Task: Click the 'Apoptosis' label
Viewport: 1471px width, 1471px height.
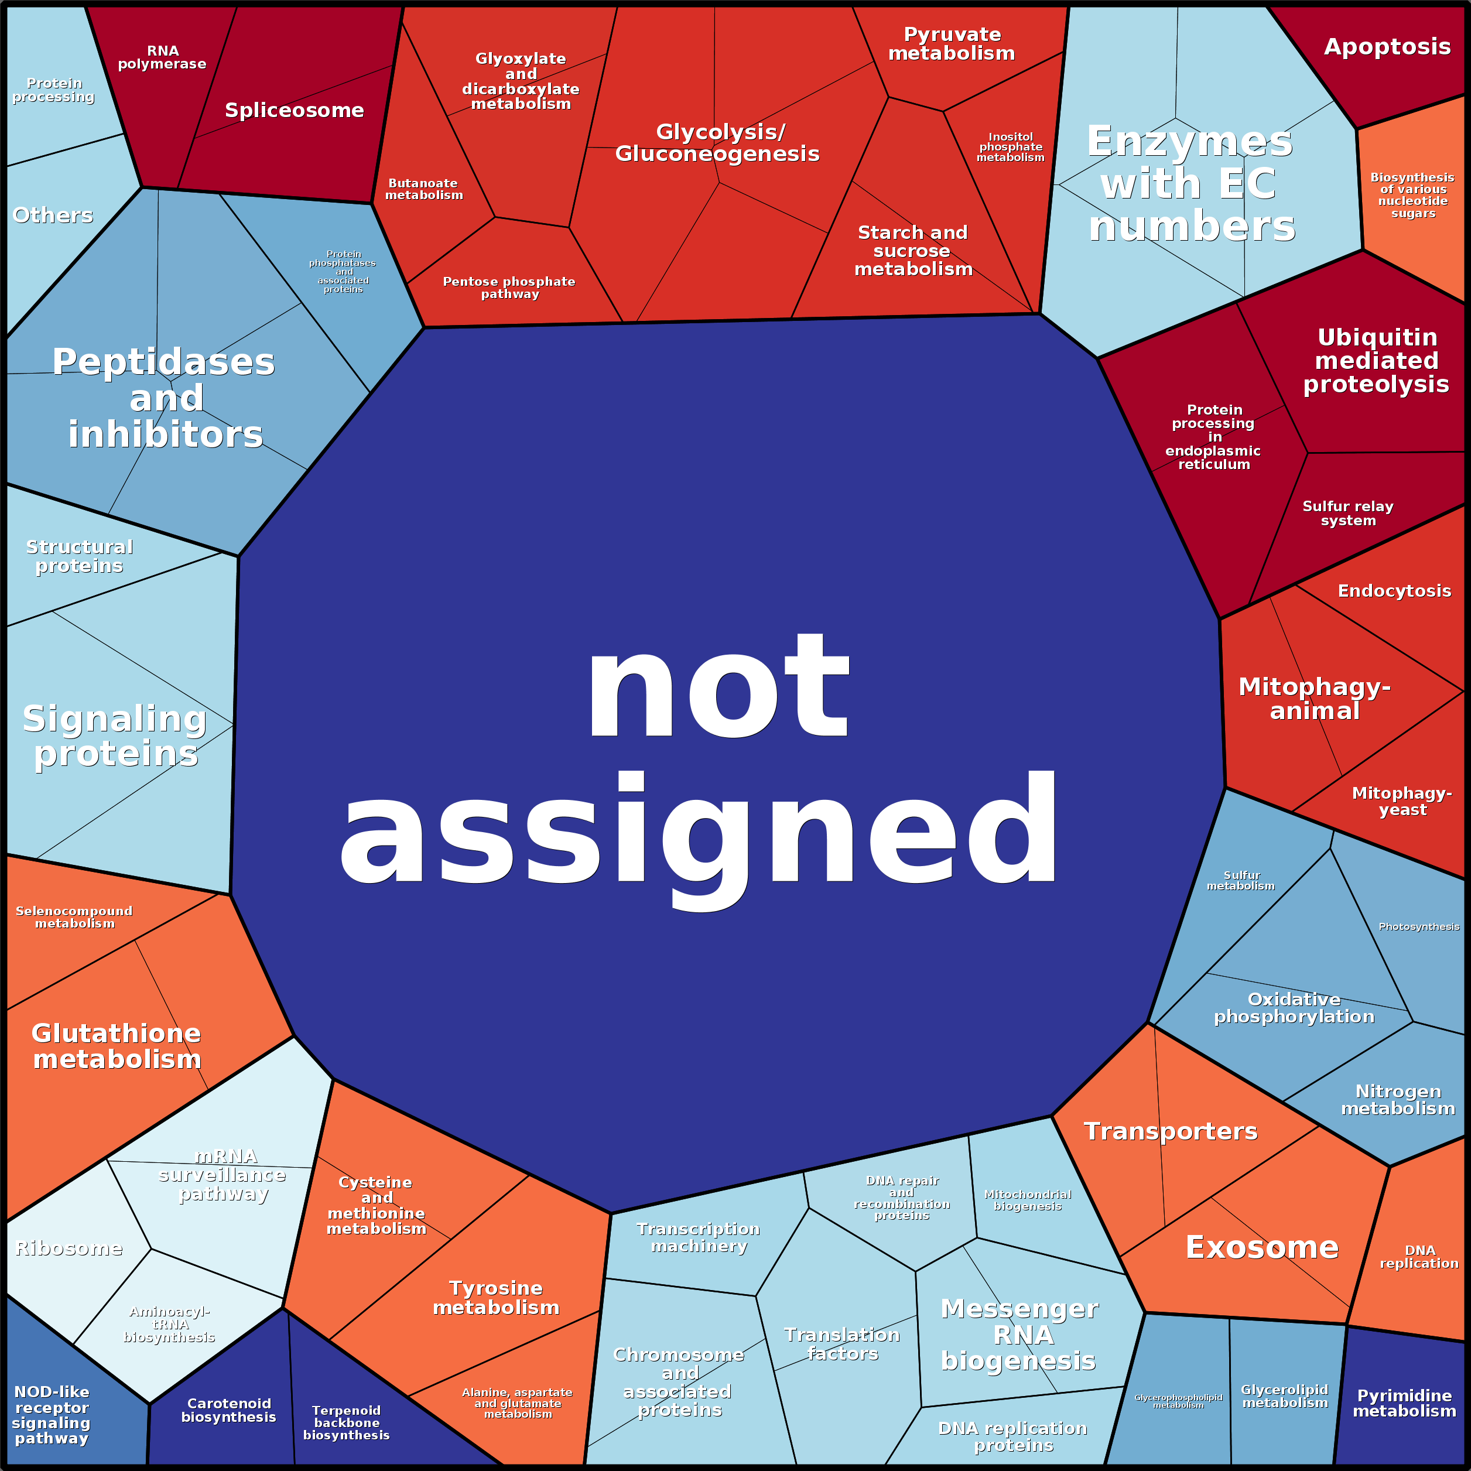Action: pyautogui.click(x=1387, y=47)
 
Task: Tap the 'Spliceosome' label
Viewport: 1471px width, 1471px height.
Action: pyautogui.click(x=294, y=111)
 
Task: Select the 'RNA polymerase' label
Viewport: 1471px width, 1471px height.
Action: pyautogui.click(x=162, y=57)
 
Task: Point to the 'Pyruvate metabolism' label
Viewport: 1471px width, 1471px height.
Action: pyautogui.click(x=952, y=43)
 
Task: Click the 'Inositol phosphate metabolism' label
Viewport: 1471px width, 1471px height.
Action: pyautogui.click(x=1010, y=147)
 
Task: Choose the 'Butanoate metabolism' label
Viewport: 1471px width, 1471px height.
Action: pyautogui.click(x=423, y=189)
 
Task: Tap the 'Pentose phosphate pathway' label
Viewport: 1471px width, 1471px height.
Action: pyautogui.click(x=509, y=287)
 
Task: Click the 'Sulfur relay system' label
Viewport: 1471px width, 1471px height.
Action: pyautogui.click(x=1347, y=513)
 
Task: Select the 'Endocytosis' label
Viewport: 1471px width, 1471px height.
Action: pyautogui.click(x=1394, y=591)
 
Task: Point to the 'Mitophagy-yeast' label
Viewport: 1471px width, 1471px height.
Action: pyautogui.click(x=1402, y=801)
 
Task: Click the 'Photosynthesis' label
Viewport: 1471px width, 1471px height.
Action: pyautogui.click(x=1418, y=926)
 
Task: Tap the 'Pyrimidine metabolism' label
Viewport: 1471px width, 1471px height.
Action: pyautogui.click(x=1404, y=1402)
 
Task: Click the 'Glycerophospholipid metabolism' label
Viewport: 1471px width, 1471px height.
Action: pyautogui.click(x=1178, y=1401)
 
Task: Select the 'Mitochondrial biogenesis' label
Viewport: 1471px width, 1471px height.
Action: pyautogui.click(x=1027, y=1200)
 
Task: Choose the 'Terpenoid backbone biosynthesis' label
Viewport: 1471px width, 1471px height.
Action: pyautogui.click(x=347, y=1422)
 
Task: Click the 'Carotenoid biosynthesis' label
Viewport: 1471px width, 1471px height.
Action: pyautogui.click(x=228, y=1410)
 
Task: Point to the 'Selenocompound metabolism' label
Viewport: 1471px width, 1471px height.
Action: pyautogui.click(x=74, y=916)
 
